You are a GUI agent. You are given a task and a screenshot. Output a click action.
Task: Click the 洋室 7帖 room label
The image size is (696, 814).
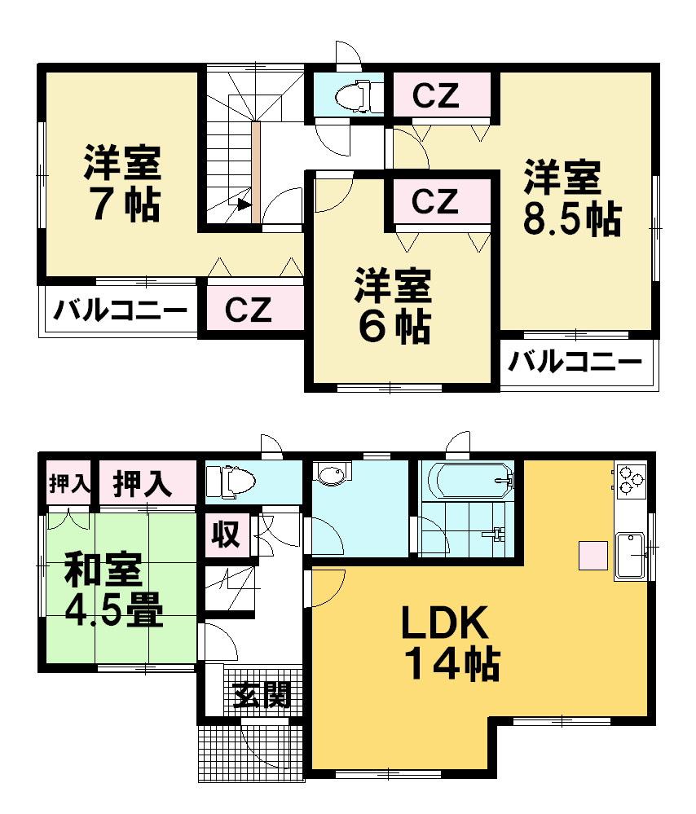(x=121, y=184)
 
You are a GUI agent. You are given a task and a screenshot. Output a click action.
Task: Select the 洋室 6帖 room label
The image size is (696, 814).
(x=392, y=306)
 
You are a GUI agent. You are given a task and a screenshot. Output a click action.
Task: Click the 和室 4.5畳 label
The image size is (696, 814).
(x=113, y=589)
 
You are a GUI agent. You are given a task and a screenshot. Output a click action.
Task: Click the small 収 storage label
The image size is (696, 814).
(x=226, y=535)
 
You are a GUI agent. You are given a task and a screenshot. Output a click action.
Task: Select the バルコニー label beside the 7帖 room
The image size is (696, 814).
(x=121, y=310)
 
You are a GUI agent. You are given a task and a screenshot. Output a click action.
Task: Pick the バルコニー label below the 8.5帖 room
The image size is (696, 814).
(x=574, y=362)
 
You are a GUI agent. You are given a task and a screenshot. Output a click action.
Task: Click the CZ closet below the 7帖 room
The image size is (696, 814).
(x=248, y=310)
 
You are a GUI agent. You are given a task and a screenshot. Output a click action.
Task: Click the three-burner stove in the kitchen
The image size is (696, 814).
(x=631, y=478)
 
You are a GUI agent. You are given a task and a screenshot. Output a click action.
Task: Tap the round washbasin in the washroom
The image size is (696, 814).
(x=332, y=476)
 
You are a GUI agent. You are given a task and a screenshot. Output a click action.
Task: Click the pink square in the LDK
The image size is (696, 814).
(x=593, y=555)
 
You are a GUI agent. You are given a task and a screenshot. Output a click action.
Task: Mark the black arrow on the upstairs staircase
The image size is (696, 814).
(x=243, y=205)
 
